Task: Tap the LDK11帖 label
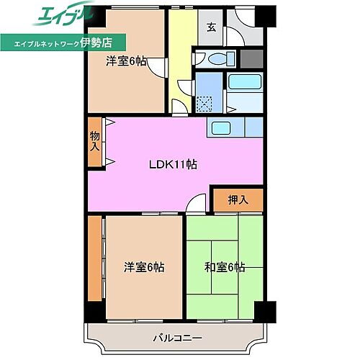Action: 173,164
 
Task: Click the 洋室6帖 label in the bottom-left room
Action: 143,267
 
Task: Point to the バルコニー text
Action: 176,337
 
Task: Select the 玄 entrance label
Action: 212,28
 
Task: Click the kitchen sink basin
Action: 221,130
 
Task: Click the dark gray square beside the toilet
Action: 251,59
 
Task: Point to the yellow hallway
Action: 179,50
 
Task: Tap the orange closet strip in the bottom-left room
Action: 95,258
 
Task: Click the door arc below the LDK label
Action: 194,206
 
